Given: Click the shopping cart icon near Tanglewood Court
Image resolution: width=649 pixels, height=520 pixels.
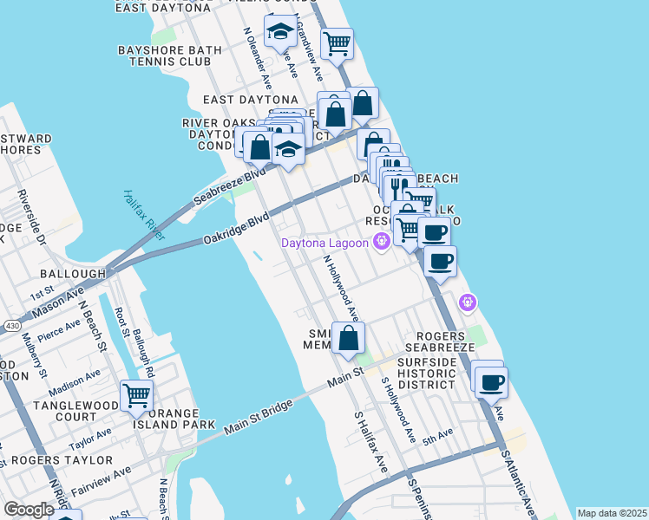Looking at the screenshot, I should point(136,395).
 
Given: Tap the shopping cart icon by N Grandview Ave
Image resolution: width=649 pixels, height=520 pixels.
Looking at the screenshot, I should point(336,42).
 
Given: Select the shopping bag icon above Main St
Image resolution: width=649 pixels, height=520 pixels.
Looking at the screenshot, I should point(348,339).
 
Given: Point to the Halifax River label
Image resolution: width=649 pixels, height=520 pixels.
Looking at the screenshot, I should point(144,215).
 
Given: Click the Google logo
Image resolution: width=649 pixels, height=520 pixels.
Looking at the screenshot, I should point(29,510).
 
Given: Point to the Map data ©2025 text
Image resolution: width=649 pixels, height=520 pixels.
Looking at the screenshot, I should point(612,513).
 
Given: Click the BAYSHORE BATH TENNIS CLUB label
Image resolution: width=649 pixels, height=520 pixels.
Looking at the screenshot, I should point(164,55).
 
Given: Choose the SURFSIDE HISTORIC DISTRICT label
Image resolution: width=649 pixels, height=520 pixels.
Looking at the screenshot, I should point(426,372).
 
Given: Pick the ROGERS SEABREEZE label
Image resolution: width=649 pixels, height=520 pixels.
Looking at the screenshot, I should point(446,341).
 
